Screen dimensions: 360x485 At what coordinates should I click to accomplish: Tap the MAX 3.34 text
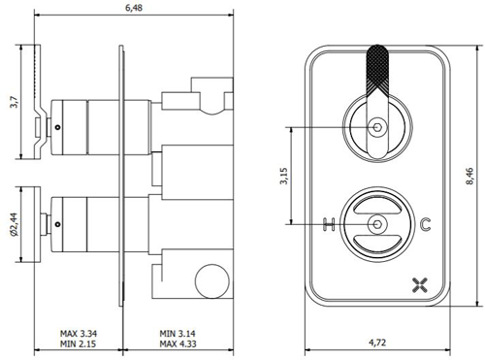pyautogui.click(x=78, y=333)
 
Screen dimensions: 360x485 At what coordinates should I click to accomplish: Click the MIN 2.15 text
pyautogui.click(x=78, y=344)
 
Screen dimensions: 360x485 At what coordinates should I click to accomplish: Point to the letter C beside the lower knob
pyautogui.click(x=426, y=225)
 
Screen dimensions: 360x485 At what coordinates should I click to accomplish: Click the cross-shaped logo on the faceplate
pyautogui.click(x=420, y=284)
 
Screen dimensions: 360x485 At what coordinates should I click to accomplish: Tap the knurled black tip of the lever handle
pyautogui.click(x=374, y=69)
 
